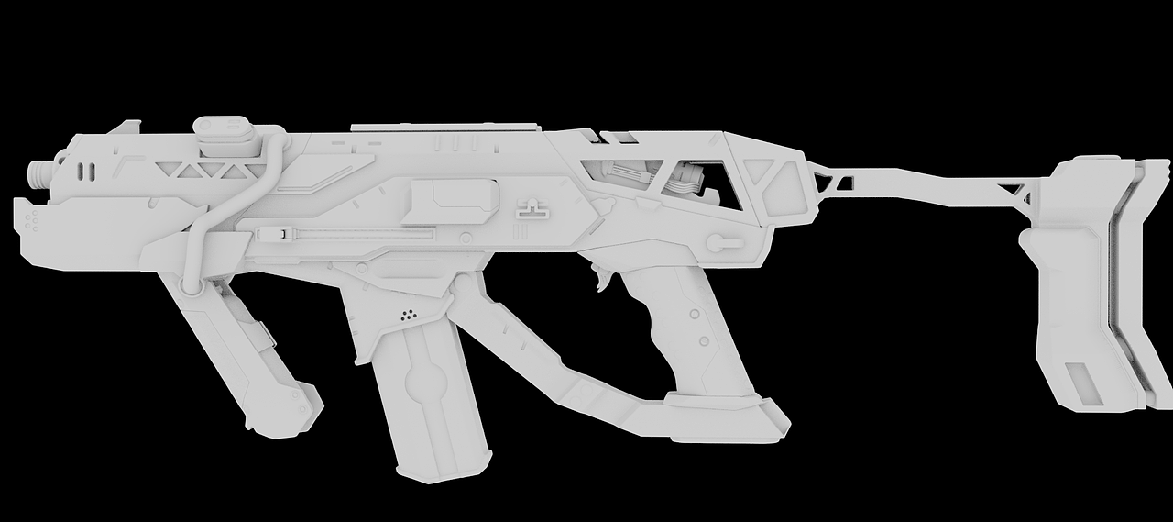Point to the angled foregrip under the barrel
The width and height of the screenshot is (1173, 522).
click(x=243, y=358)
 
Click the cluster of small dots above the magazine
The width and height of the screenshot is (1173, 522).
click(x=409, y=315)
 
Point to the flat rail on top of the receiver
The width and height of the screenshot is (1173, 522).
click(x=444, y=126)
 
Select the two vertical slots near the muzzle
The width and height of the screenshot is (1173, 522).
click(x=86, y=171)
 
